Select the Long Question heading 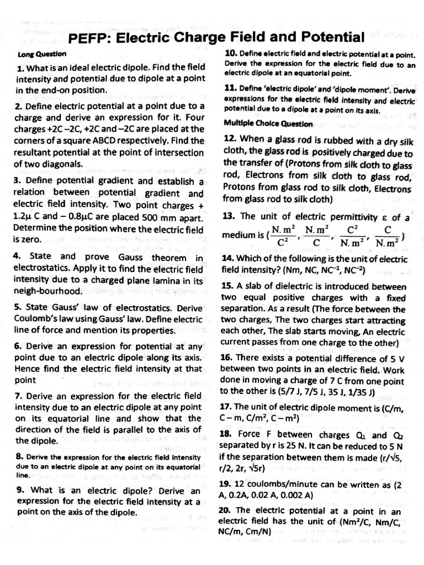point(42,54)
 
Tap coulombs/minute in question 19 point(278,484)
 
